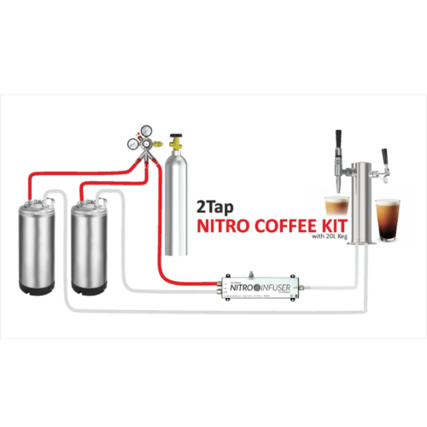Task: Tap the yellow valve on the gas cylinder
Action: tap(178, 140)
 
